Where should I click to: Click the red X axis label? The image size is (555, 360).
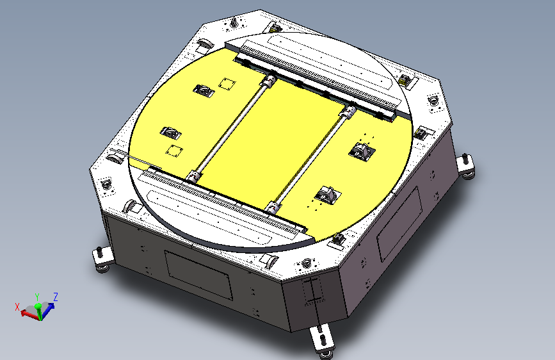point(17,307)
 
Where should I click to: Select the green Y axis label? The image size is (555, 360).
point(37,297)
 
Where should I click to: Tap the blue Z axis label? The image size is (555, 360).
point(55,297)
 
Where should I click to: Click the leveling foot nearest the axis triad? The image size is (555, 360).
point(102,260)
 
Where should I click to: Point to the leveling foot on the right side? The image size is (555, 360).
point(465,167)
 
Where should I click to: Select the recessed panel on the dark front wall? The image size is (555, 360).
point(198,275)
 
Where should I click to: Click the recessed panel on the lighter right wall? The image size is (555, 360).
point(399,224)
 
